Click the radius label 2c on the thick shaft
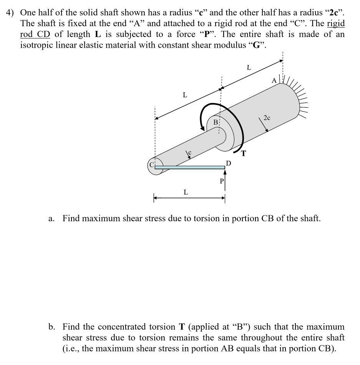click(267, 118)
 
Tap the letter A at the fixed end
click(274, 81)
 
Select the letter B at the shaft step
click(216, 122)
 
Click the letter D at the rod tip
click(229, 163)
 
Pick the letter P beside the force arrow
click(221, 181)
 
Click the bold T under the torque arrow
click(244, 154)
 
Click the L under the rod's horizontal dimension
click(186, 192)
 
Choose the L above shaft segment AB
click(249, 68)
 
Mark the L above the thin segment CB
click(185, 95)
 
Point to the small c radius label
click(189, 153)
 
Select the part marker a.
click(51, 219)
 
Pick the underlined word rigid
click(336, 23)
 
